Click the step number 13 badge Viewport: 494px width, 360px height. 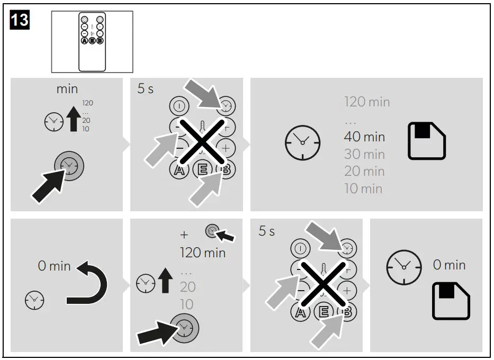click(20, 20)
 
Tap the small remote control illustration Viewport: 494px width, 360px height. click(92, 42)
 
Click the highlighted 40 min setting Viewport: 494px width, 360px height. click(364, 137)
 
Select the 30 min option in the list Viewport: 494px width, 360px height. click(364, 154)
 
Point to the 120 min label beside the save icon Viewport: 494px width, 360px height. click(367, 102)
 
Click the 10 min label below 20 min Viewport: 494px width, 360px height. click(363, 188)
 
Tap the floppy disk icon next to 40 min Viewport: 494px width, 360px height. click(427, 141)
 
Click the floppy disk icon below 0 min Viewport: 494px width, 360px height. click(451, 301)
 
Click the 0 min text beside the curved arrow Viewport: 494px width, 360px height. click(54, 266)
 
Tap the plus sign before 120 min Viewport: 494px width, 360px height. click(184, 235)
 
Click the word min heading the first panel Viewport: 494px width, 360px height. click(67, 89)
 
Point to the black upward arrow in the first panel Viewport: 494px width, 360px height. click(74, 119)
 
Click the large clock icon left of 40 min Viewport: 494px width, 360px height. click(302, 143)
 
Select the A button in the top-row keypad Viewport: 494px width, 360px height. click(179, 170)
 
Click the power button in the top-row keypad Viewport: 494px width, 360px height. click(179, 106)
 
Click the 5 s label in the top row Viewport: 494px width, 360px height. click(146, 89)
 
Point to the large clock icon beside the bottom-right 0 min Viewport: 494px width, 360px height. click(404, 267)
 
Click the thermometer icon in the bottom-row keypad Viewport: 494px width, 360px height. click(323, 270)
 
